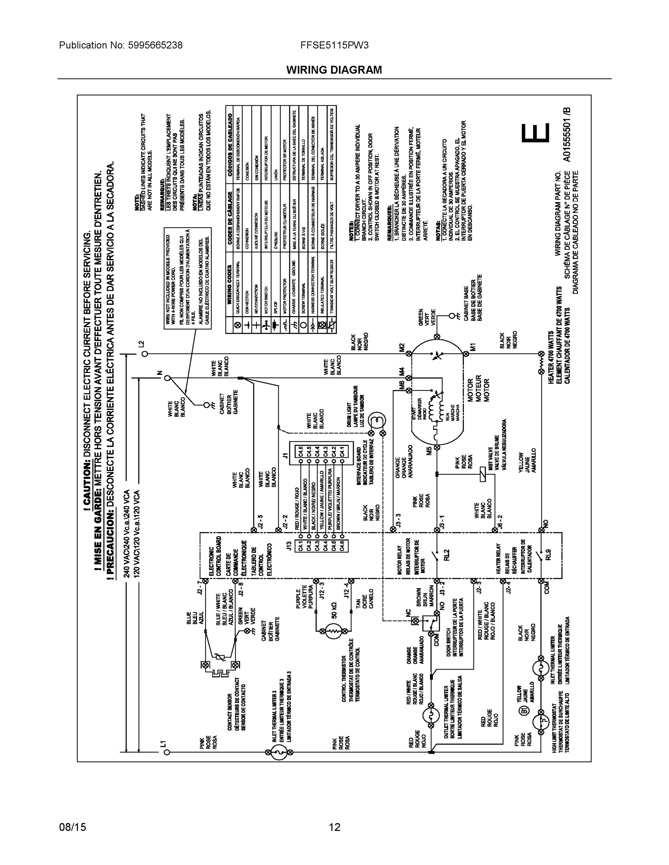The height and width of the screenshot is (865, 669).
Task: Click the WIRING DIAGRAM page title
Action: pyautogui.click(x=334, y=70)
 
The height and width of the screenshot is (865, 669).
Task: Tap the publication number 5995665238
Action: pyautogui.click(x=155, y=45)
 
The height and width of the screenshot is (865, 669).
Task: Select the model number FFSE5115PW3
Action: pyautogui.click(x=334, y=45)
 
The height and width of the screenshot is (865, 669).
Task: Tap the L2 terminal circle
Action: pyautogui.click(x=145, y=354)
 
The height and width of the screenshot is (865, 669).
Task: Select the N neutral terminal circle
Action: pyautogui.click(x=167, y=378)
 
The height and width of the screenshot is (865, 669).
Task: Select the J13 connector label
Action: pyautogui.click(x=289, y=545)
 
